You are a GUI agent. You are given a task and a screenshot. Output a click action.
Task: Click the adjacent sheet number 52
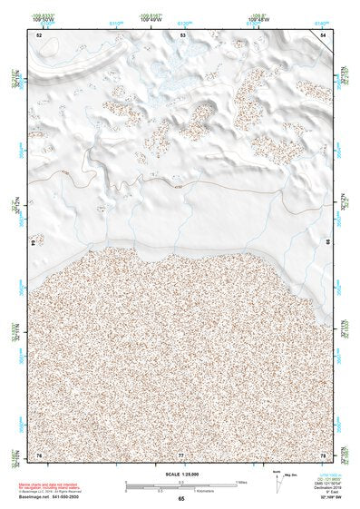pos(39,34)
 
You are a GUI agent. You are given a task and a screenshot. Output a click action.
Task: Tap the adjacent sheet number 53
pos(182,34)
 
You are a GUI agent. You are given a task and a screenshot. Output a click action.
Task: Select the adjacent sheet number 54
pos(323,34)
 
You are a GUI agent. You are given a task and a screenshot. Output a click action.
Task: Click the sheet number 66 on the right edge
pos(328,243)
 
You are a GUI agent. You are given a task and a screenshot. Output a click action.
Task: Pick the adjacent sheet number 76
pos(39,453)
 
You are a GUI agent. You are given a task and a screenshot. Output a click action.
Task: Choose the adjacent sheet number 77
pos(180,453)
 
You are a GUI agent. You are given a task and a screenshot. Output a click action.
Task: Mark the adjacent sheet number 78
pos(323,453)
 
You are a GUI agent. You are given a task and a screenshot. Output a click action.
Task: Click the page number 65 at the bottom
pos(180,498)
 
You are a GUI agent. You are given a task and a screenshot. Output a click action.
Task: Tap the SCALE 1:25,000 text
pos(180,474)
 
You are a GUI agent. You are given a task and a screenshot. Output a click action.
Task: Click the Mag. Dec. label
pos(289,473)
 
